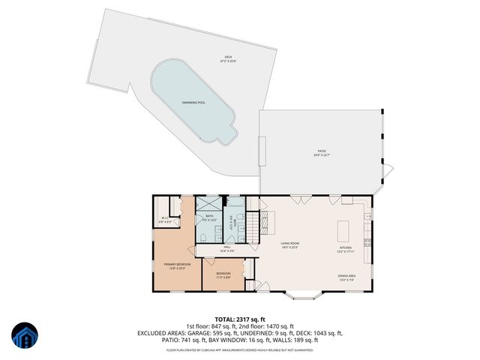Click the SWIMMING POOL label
193,102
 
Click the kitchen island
345,229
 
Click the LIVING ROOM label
289,245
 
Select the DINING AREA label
346,277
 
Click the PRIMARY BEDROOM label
178,266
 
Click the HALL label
227,249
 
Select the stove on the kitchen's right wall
367,241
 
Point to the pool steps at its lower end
223,136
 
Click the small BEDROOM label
223,274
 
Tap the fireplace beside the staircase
271,220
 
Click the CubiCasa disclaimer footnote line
240,349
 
